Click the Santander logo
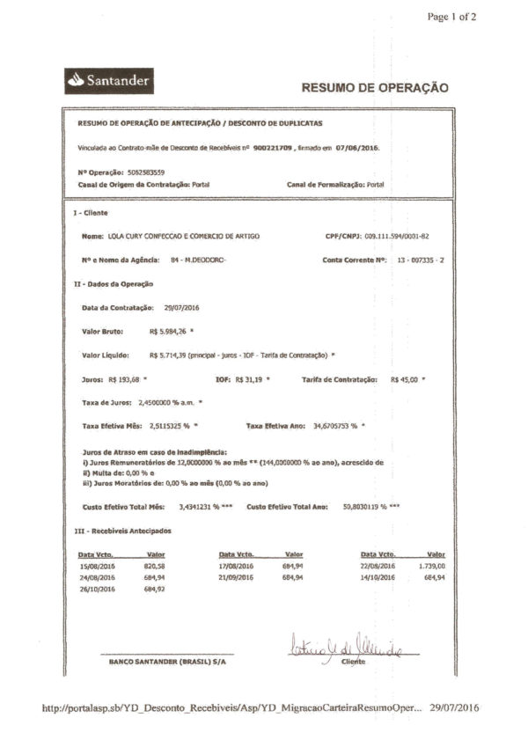(x=110, y=81)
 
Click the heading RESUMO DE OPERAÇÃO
(x=375, y=88)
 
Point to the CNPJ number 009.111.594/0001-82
(x=396, y=237)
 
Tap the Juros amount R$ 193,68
(x=125, y=378)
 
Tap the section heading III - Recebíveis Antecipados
(x=122, y=531)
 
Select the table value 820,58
(x=155, y=566)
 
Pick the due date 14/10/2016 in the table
(x=378, y=577)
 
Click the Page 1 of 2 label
(x=451, y=16)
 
